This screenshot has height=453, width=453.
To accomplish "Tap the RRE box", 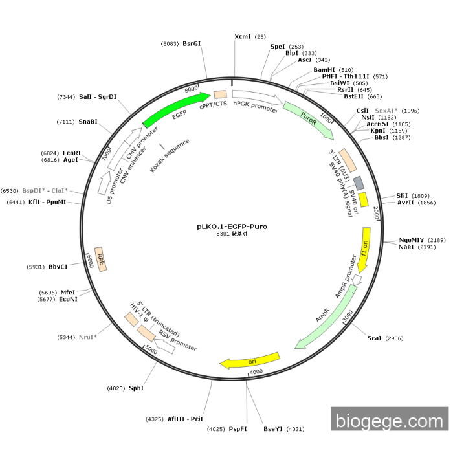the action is point(100,259).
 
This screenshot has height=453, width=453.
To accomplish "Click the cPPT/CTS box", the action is point(220,94).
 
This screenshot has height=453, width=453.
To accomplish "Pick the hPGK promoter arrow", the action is point(257,97).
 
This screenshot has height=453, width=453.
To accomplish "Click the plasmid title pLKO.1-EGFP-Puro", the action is point(232,226).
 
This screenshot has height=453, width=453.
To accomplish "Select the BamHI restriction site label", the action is point(324,70).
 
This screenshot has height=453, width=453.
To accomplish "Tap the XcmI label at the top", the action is point(243,36).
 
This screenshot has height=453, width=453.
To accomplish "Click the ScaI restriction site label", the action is point(374,338).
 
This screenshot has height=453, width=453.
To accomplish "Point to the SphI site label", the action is point(136,388).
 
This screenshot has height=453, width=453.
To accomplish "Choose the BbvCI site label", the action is point(58,267).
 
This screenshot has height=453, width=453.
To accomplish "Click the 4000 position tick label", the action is point(256,371).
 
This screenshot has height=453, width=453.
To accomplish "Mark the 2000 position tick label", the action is point(376,213).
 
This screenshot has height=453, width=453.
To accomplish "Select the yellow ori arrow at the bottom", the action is point(250,360).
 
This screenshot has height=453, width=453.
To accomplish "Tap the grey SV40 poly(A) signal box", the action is point(359,183).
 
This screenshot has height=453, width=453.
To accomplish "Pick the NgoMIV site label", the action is point(411,240).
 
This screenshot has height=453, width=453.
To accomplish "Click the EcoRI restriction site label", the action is point(72,153).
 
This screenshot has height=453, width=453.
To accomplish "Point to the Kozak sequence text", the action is point(170,155).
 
